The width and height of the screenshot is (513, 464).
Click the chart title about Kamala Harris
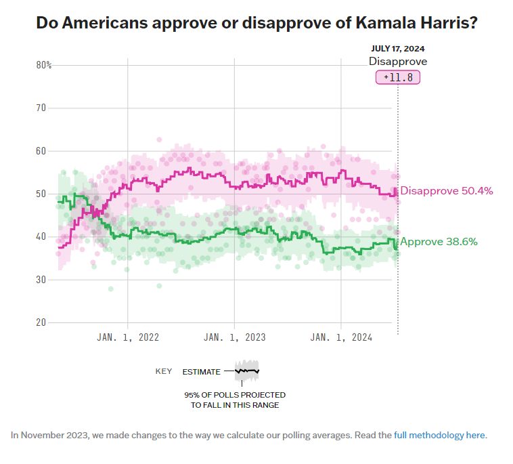(256, 23)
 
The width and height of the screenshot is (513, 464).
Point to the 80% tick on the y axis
(44, 65)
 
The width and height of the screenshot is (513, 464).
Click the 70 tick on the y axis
(41, 108)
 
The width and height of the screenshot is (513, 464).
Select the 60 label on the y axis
(41, 150)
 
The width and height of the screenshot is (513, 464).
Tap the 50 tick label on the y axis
(41, 194)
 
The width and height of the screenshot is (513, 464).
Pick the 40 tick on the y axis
(41, 236)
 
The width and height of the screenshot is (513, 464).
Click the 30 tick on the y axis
(41, 279)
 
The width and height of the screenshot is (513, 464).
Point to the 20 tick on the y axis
(41, 322)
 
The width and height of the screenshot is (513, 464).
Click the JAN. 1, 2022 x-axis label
(128, 337)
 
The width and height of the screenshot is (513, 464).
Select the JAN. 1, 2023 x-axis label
(235, 337)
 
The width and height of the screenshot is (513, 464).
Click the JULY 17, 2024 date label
(398, 49)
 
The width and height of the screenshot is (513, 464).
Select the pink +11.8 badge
(398, 77)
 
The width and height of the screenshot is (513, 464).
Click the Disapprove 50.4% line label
(447, 191)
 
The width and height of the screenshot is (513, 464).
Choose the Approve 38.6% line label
(439, 241)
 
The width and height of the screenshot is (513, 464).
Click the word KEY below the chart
(164, 371)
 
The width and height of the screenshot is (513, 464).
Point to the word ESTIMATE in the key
(201, 371)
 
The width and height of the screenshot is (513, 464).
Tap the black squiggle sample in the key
(247, 371)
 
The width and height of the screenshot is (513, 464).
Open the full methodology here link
(439, 435)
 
